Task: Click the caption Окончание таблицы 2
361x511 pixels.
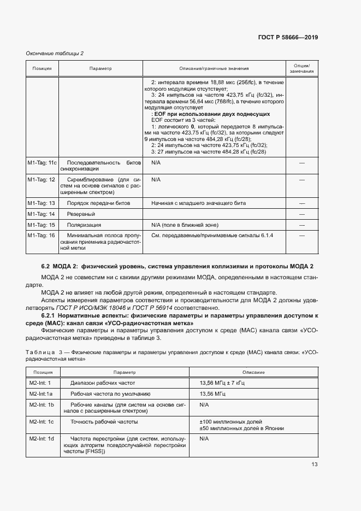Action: click(x=55, y=53)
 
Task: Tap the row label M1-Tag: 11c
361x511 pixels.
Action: click(x=42, y=163)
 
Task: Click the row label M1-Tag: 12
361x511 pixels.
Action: click(x=42, y=179)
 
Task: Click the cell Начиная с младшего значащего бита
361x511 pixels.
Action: click(x=198, y=203)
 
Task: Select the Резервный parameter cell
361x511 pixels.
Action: click(x=80, y=214)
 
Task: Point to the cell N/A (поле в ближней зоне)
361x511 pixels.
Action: click(x=185, y=225)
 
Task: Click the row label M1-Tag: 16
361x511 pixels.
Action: click(x=42, y=235)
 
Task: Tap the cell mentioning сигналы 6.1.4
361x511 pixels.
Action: click(x=211, y=235)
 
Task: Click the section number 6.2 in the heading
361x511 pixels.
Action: click(x=45, y=266)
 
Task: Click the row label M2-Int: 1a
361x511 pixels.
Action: click(x=42, y=393)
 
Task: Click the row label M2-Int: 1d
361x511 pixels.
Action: click(x=42, y=439)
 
